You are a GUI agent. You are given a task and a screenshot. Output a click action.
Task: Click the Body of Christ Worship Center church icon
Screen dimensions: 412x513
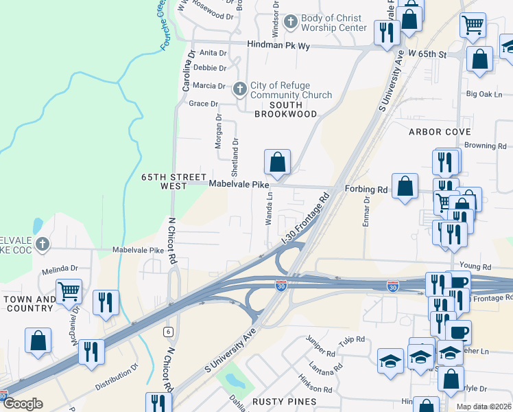(291, 23)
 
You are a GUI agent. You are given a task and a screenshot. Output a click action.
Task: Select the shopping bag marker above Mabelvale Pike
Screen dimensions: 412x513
(277, 163)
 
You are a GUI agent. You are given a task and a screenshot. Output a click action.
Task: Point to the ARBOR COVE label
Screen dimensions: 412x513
(440, 131)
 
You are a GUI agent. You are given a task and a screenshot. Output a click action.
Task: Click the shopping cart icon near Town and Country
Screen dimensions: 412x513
(69, 293)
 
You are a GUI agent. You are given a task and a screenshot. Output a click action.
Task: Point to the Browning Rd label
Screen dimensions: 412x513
(485, 146)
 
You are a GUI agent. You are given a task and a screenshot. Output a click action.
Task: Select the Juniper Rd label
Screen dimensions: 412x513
(322, 356)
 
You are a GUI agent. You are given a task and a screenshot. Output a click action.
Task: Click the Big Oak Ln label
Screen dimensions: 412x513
(484, 93)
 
